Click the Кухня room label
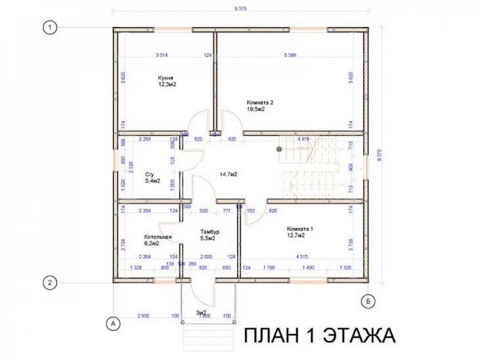click(x=165, y=78)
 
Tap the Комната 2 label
click(x=260, y=102)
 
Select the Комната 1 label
click(x=300, y=229)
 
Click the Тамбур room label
click(x=210, y=232)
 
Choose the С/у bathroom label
click(x=149, y=174)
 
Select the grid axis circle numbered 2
click(x=49, y=282)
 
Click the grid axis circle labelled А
click(x=112, y=323)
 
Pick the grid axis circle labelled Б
click(x=370, y=302)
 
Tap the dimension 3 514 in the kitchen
click(x=163, y=55)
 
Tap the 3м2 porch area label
click(x=202, y=312)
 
